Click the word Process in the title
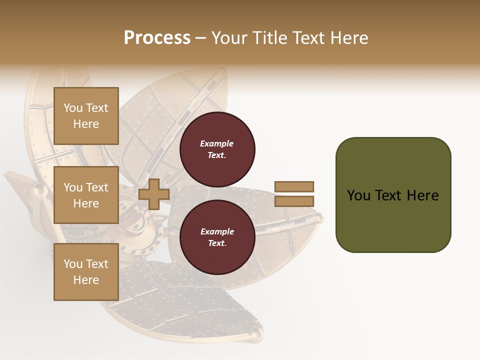pos(157,37)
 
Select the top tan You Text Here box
pos(86,116)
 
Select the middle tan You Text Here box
pos(86,195)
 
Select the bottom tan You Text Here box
pos(86,272)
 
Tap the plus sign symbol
pos(153,194)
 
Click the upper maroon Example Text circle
pos(217,149)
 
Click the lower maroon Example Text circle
pos(217,237)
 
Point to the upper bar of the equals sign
pos(294,186)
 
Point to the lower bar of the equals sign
pos(294,201)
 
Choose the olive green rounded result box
pos(393,220)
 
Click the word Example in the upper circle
pos(217,143)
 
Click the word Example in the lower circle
pos(217,231)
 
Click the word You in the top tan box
pos(73,108)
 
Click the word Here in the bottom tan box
pos(86,280)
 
